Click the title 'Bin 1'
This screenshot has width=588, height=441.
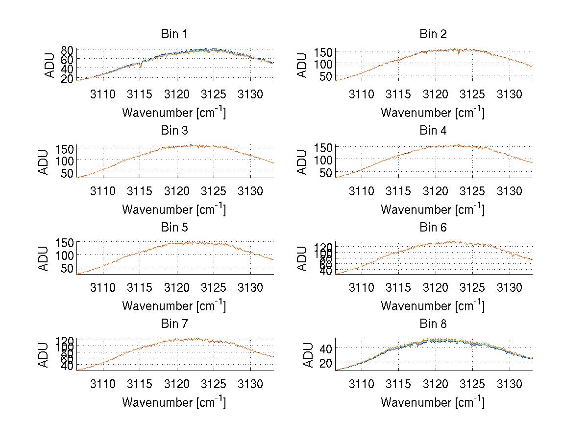click(x=174, y=34)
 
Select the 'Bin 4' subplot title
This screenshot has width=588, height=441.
click(x=433, y=131)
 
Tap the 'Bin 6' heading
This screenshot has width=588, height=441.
click(x=433, y=227)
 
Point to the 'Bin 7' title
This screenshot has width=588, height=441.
click(x=174, y=324)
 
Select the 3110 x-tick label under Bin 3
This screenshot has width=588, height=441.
click(x=103, y=190)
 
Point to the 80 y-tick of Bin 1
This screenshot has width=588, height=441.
click(x=67, y=50)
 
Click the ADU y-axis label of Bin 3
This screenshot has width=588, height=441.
click(x=45, y=162)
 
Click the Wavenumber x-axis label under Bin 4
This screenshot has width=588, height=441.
click(x=433, y=209)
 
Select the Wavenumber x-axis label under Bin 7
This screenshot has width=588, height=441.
click(x=174, y=402)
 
